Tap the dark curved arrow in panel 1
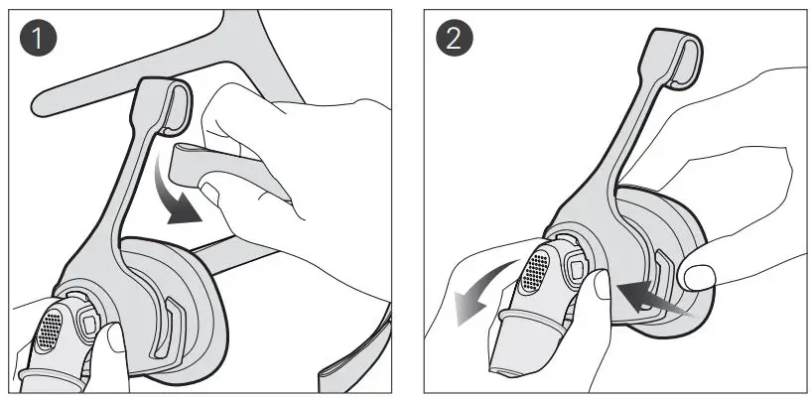[x=179, y=195]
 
